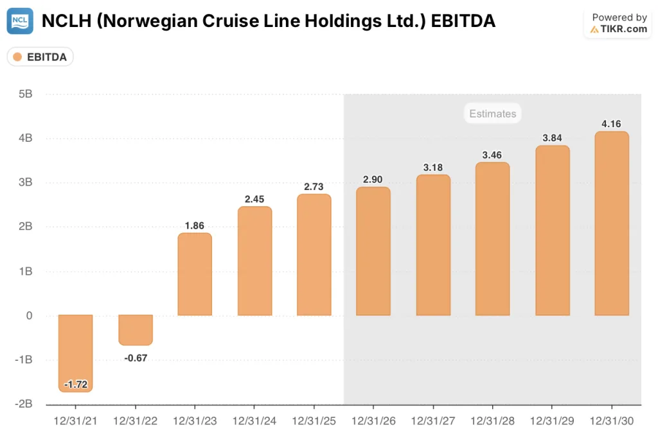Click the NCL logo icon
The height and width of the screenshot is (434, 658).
point(20,21)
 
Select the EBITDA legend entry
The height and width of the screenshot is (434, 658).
point(40,57)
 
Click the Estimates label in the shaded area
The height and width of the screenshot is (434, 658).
point(492,114)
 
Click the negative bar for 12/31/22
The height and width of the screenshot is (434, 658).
point(135,330)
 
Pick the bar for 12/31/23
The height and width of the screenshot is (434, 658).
point(195,274)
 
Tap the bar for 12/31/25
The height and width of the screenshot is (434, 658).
point(314,255)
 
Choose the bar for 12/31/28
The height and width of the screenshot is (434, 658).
point(492,239)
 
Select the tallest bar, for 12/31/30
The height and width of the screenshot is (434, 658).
point(612,223)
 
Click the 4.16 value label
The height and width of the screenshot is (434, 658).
point(612,124)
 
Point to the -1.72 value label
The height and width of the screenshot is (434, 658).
point(75,385)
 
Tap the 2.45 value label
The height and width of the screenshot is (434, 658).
point(254,199)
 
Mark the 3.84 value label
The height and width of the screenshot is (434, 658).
point(552,138)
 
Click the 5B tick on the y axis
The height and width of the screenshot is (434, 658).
point(25,94)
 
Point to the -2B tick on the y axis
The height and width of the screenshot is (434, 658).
point(23,404)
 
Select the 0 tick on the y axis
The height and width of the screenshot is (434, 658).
point(29,315)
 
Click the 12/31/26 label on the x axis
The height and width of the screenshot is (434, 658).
point(373,421)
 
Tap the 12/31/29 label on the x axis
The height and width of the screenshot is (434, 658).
point(552,421)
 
